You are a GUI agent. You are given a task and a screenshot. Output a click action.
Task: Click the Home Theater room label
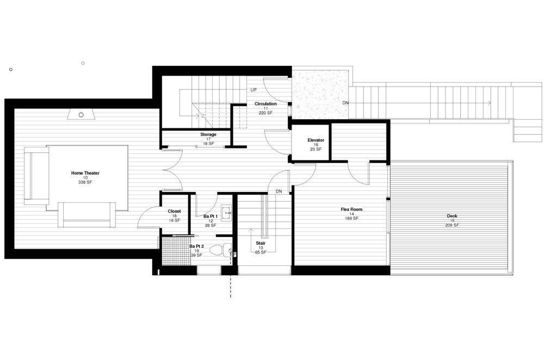click(85, 173)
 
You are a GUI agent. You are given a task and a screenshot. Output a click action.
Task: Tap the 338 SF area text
click(85, 182)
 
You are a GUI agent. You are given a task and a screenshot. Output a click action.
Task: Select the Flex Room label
click(352, 209)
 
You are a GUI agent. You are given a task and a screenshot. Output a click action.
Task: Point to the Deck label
click(452, 216)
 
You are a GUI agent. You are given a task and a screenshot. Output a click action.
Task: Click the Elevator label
click(316, 140)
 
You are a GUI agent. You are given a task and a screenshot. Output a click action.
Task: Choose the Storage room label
click(208, 134)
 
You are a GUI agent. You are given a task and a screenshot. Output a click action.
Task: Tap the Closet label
click(174, 211)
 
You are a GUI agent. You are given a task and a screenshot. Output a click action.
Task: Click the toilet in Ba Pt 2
click(221, 250)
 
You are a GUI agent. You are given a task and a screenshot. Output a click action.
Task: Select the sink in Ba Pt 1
click(226, 213)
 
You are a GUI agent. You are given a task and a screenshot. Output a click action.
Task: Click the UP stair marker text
click(253, 90)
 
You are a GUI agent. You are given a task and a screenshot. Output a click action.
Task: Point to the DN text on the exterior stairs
click(345, 103)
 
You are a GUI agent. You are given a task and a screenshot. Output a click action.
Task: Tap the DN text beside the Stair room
click(279, 191)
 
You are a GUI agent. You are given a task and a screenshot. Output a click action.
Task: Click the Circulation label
click(265, 104)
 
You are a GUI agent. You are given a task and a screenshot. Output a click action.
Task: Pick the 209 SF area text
click(452, 225)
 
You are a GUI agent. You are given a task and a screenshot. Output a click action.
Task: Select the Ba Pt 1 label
click(211, 216)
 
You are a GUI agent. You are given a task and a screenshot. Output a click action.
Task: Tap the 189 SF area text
click(352, 219)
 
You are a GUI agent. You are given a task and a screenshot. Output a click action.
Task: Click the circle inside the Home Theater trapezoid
click(81, 115)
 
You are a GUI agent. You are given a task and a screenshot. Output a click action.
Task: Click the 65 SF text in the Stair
click(261, 252)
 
